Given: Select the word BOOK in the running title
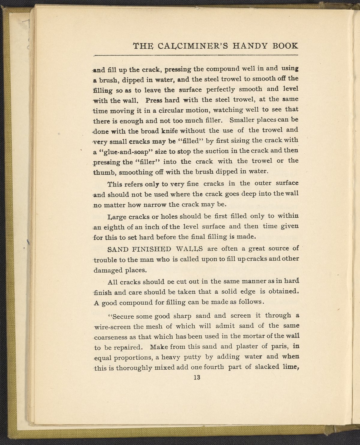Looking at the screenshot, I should [x=285, y=46].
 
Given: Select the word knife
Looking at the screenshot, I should [x=171, y=131].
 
